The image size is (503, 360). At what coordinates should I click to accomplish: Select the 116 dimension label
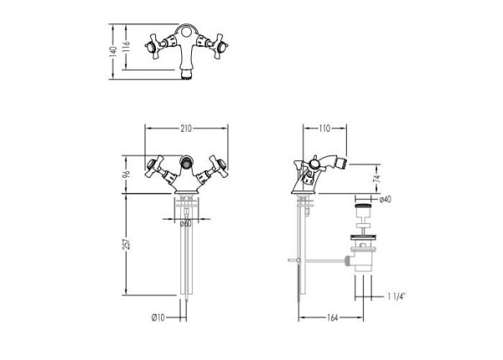[x=127, y=45]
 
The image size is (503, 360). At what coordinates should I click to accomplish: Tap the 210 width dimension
[x=186, y=128]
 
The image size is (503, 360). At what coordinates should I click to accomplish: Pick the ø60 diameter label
[x=186, y=223]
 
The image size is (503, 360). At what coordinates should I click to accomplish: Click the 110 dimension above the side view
[x=324, y=128]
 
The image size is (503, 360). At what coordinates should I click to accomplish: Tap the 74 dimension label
[x=376, y=177]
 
